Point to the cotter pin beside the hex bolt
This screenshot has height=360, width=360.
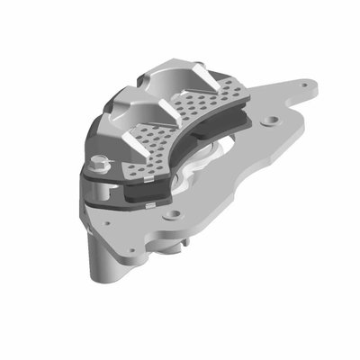tap(110, 163)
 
